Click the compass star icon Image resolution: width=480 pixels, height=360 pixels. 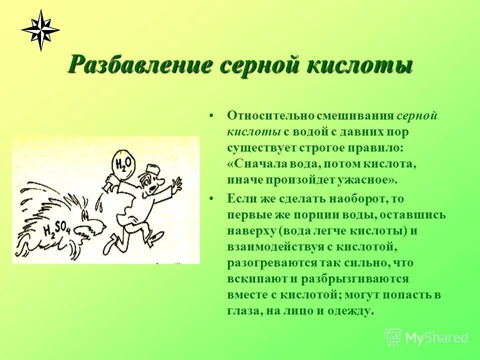coord(40,30)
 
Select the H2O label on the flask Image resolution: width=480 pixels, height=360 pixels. coord(122,162)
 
